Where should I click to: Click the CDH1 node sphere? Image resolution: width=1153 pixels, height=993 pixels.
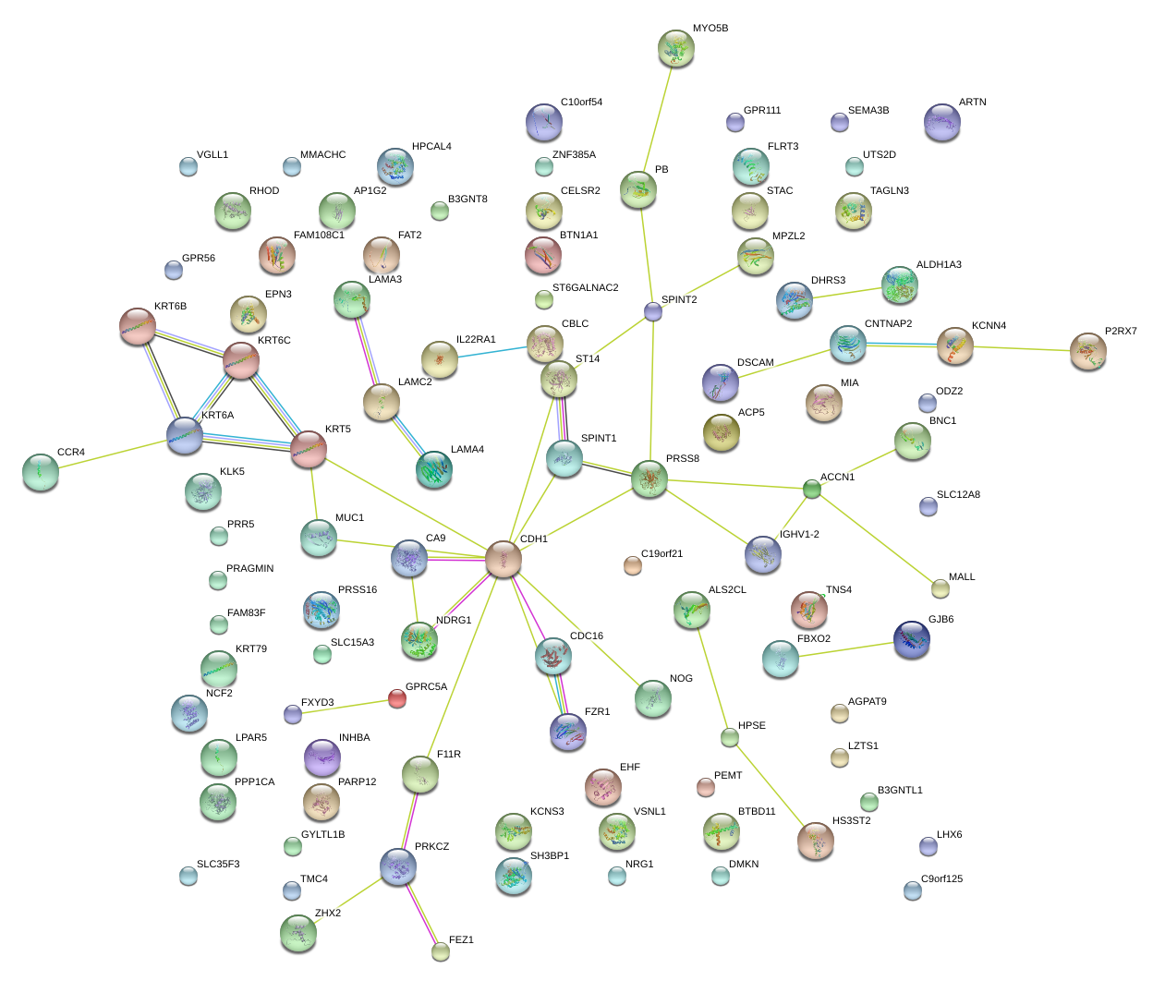[x=504, y=560]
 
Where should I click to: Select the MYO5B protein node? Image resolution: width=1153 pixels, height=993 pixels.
[x=676, y=48]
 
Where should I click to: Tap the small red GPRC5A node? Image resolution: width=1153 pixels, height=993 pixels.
[x=396, y=698]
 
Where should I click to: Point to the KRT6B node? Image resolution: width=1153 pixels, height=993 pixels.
[x=138, y=326]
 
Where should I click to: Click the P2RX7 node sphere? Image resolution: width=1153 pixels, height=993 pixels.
[x=1088, y=351]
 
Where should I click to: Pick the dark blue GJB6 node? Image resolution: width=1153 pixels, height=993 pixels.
[x=912, y=639]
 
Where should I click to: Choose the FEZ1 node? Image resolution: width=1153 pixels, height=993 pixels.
[x=441, y=951]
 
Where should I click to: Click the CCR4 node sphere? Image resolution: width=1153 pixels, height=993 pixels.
[x=40, y=471]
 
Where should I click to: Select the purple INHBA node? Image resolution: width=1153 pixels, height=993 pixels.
[x=322, y=757]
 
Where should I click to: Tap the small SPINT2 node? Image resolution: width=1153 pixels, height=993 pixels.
[x=653, y=311]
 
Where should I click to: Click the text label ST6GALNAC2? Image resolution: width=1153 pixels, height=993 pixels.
[x=585, y=288]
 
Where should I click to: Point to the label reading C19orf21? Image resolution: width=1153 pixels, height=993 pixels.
[x=661, y=554]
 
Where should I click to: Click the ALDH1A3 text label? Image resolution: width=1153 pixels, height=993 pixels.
[x=939, y=265]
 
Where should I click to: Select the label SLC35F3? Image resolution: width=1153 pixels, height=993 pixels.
[x=218, y=865]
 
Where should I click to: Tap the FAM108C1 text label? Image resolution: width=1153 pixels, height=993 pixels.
[x=319, y=236]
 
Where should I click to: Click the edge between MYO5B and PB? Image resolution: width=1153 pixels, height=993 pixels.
[x=657, y=118]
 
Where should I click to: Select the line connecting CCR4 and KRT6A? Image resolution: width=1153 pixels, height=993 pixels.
[x=111, y=454]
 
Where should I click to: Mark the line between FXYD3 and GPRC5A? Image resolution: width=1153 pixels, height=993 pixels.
[x=344, y=707]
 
